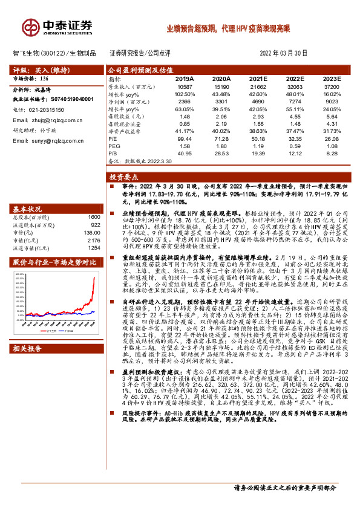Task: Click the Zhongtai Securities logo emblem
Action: pos(30,27)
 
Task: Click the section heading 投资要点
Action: pos(124,178)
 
